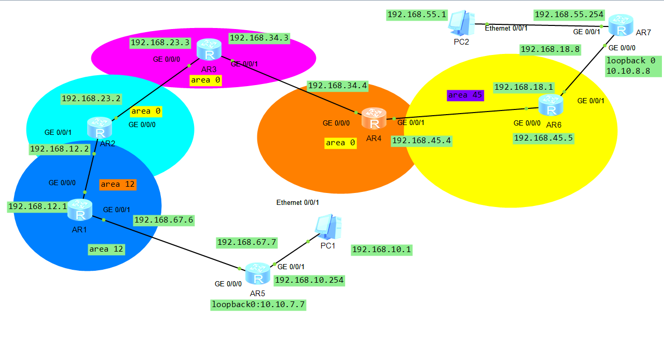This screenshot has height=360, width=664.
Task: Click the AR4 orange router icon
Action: [374, 118]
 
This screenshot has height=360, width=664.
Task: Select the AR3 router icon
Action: [209, 49]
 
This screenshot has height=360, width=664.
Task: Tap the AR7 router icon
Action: [621, 25]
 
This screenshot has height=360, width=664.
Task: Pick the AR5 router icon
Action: [258, 273]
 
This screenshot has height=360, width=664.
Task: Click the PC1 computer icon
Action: [328, 227]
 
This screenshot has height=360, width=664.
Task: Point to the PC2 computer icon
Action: [462, 23]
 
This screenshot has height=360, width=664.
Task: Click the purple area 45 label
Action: [465, 95]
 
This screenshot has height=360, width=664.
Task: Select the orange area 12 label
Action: [118, 185]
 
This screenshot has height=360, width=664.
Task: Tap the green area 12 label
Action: [106, 250]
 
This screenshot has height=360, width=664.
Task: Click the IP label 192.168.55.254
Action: [569, 15]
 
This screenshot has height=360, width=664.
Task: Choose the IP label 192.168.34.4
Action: [338, 86]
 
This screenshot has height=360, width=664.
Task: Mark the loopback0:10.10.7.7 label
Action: [258, 305]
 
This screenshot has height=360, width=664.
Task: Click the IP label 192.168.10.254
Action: [309, 281]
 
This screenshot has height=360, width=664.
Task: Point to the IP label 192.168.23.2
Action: [91, 99]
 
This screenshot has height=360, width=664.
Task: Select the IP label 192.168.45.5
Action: [544, 139]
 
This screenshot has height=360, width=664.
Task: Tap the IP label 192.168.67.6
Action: [164, 220]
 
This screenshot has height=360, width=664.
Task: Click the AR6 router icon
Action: [551, 105]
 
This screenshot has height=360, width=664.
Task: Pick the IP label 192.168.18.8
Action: [550, 49]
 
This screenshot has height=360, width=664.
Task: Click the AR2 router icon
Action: [100, 128]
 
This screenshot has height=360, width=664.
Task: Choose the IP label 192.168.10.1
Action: [381, 250]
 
